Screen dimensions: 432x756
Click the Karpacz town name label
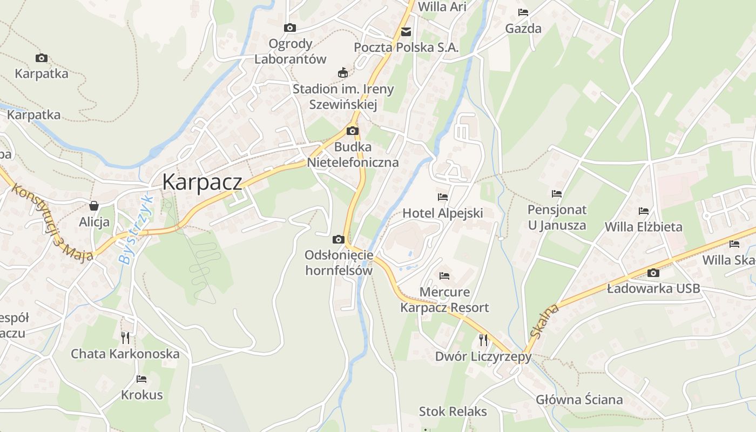(x=202, y=182)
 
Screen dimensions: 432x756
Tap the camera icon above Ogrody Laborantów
(x=290, y=28)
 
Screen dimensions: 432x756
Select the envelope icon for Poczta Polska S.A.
(x=406, y=32)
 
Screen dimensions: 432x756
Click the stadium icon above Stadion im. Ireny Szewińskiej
(x=342, y=72)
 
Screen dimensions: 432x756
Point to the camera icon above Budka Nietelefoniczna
(x=353, y=131)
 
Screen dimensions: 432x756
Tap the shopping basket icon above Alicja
(x=94, y=206)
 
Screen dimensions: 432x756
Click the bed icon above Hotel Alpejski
(x=443, y=197)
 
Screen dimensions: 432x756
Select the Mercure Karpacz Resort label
(x=444, y=300)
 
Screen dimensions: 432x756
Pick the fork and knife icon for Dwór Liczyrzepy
(x=483, y=340)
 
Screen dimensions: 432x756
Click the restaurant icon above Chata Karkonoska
(x=125, y=338)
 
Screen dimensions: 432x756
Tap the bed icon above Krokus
(x=141, y=379)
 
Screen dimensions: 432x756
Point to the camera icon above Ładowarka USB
(x=653, y=273)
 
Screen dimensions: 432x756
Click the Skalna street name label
(x=544, y=321)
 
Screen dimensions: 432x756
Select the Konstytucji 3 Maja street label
(x=52, y=222)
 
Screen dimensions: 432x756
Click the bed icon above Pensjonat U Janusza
(x=557, y=193)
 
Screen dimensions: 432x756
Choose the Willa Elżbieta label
(x=643, y=227)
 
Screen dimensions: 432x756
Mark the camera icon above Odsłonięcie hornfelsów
(x=339, y=239)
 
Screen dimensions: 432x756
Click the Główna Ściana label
(x=579, y=400)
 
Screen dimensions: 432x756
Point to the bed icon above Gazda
(x=523, y=12)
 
